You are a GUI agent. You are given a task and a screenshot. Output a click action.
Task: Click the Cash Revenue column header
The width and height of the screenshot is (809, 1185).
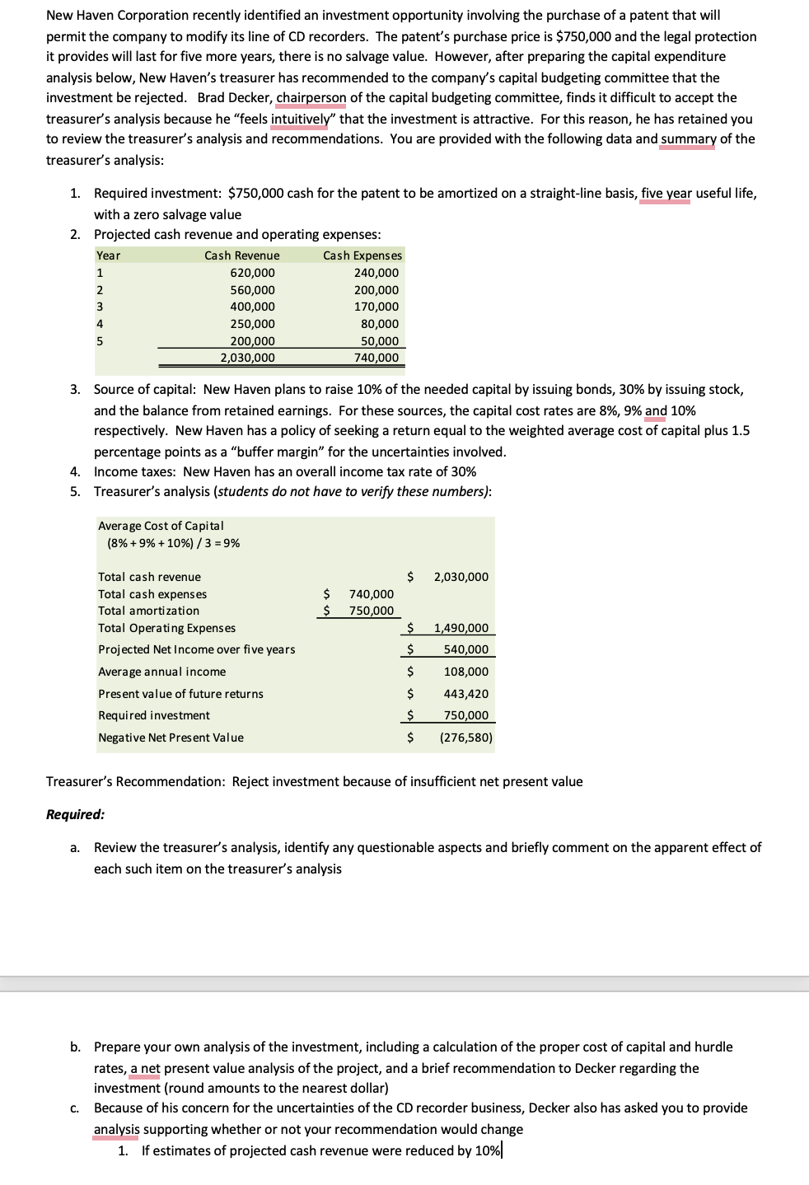(x=241, y=255)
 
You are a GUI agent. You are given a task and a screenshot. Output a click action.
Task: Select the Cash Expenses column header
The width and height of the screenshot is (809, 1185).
(x=362, y=255)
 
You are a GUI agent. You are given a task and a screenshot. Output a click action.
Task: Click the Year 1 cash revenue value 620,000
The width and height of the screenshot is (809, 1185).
(x=252, y=273)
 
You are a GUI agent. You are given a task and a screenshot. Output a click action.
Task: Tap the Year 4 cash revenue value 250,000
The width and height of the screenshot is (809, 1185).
(x=252, y=324)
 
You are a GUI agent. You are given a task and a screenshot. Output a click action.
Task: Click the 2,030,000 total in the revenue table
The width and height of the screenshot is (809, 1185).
(x=247, y=358)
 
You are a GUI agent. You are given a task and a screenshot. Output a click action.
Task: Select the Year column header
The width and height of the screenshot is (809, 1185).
(x=108, y=255)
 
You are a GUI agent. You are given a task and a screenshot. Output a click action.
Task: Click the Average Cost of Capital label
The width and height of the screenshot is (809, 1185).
(x=161, y=526)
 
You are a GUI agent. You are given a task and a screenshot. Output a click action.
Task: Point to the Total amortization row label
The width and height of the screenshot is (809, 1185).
(x=148, y=611)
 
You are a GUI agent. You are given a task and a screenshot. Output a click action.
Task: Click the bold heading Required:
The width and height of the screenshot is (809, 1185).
(x=75, y=814)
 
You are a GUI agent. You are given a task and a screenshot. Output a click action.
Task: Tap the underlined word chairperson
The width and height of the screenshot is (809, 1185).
(x=311, y=98)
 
